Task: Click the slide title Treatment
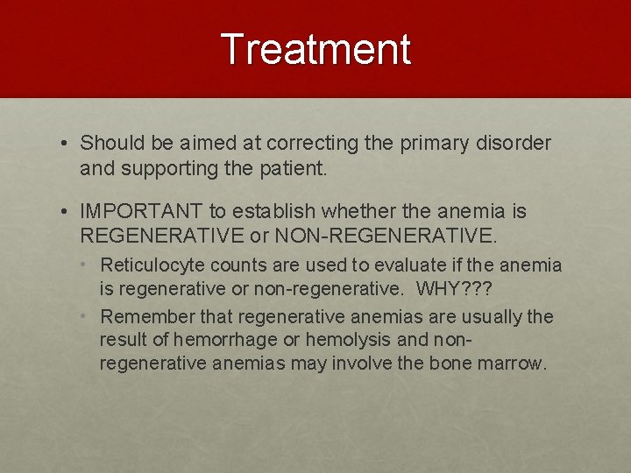click(x=315, y=49)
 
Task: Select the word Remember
click(x=143, y=315)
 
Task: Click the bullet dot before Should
click(x=66, y=144)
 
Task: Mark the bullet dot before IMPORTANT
click(x=66, y=212)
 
